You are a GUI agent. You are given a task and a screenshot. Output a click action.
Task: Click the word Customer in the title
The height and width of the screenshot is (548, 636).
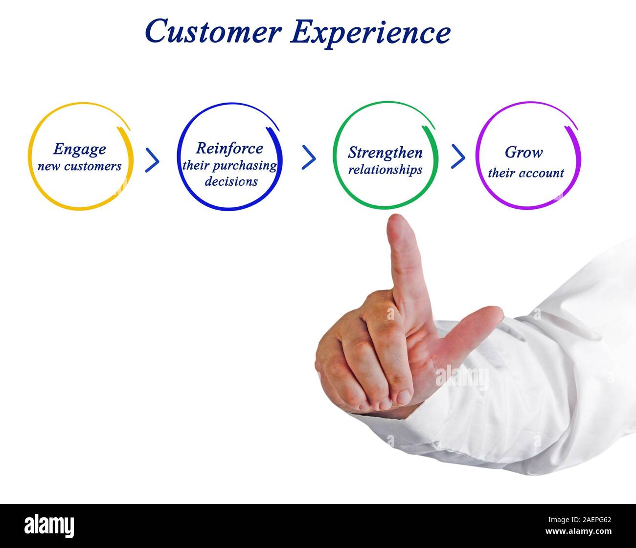coord(213,32)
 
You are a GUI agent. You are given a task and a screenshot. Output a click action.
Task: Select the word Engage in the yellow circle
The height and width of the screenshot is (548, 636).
coord(79,149)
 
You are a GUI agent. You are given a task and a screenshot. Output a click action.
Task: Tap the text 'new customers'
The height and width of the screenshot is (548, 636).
coord(79,166)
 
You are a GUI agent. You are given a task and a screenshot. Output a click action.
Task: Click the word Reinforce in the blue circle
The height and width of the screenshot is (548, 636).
coord(229,148)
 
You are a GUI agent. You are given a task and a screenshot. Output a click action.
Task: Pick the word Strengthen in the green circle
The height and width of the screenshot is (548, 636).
coord(385,153)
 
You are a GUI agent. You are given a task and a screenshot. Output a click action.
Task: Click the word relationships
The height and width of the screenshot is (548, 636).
coord(385,170)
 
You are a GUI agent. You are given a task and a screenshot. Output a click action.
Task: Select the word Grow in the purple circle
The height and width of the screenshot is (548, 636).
coord(523,153)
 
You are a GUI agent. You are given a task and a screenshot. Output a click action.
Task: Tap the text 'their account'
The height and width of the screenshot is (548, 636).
coord(525,173)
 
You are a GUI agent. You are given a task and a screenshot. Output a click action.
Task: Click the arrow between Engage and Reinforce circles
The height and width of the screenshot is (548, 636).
coord(152,160)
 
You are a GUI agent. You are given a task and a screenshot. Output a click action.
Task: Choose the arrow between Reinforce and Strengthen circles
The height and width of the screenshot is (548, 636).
coord(308,157)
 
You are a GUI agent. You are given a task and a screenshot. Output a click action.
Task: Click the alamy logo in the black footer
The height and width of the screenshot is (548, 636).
coord(49,526)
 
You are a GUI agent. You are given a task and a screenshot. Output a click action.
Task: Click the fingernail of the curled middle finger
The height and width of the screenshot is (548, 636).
coord(405,396)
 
